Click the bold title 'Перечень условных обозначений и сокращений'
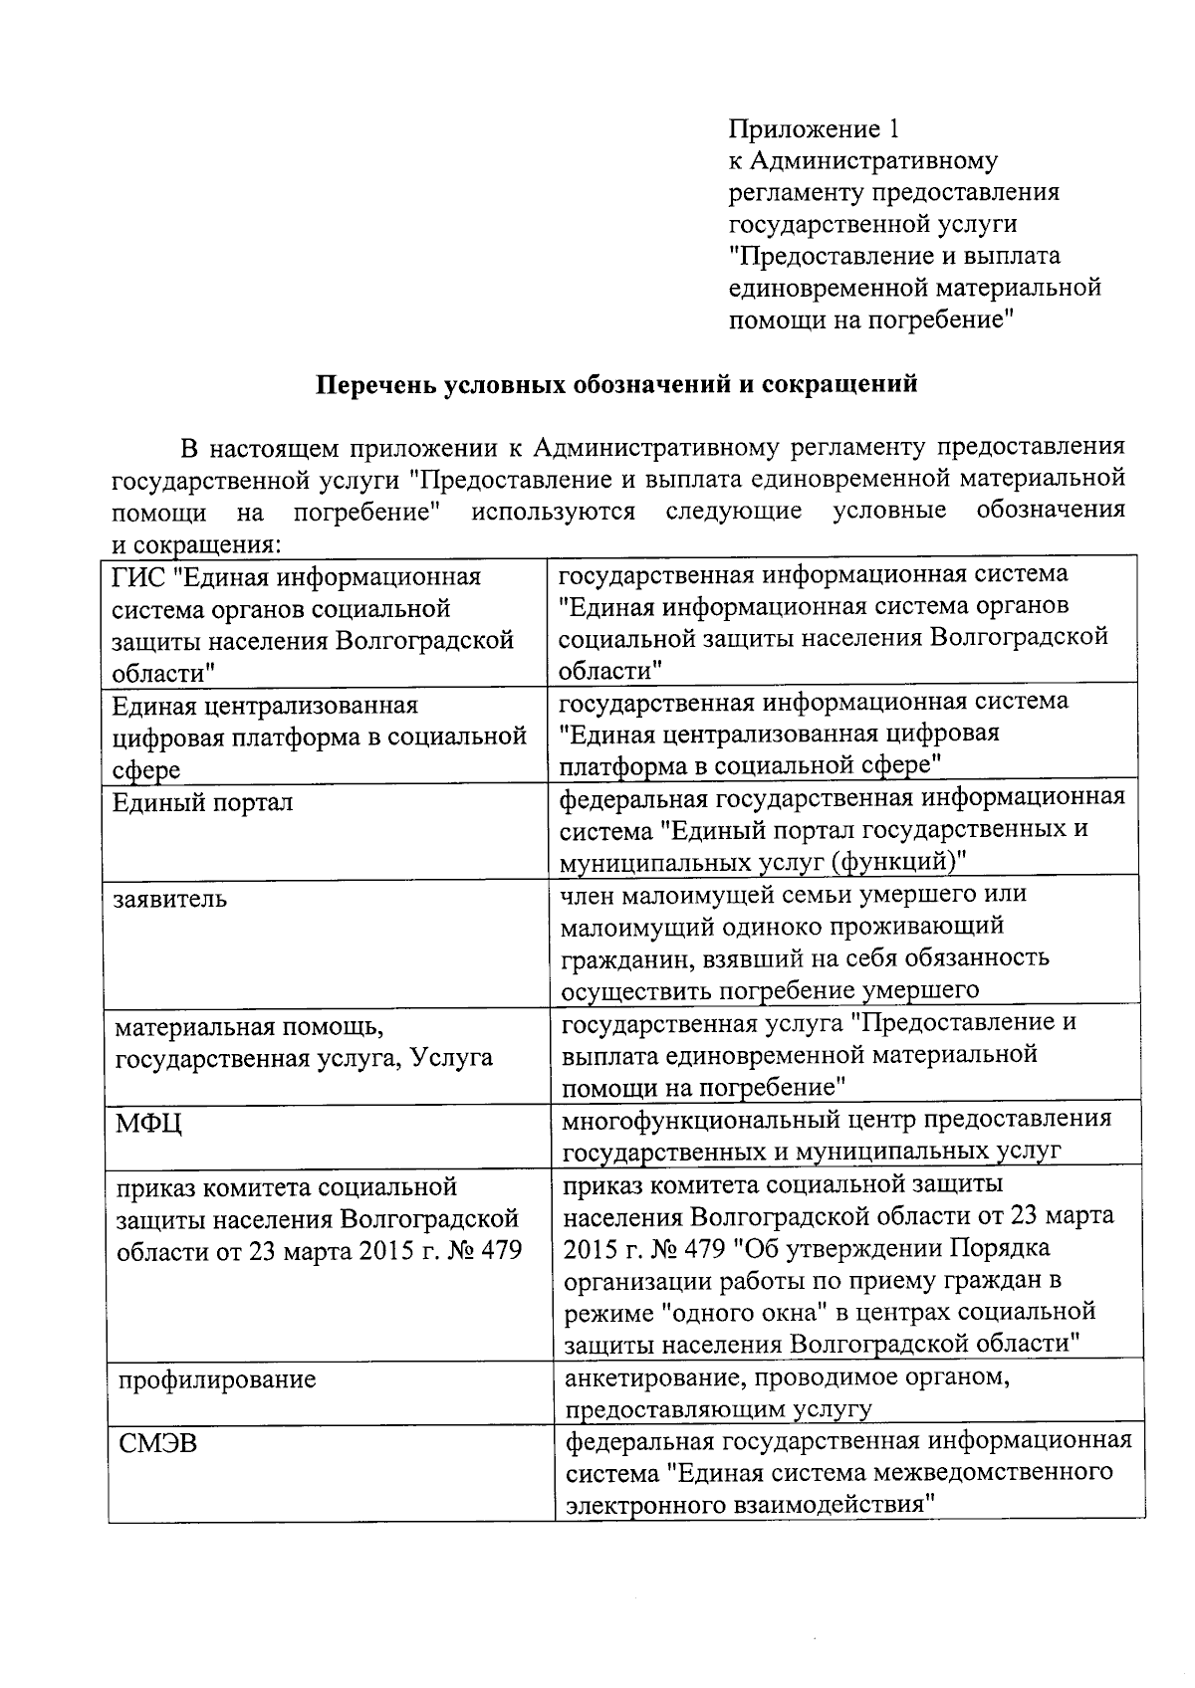pyautogui.click(x=616, y=385)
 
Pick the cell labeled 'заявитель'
pyautogui.click(x=170, y=900)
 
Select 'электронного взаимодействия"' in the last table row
pyautogui.click(x=753, y=1505)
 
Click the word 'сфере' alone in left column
pyautogui.click(x=147, y=770)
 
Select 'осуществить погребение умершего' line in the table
pyautogui.click(x=770, y=990)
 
